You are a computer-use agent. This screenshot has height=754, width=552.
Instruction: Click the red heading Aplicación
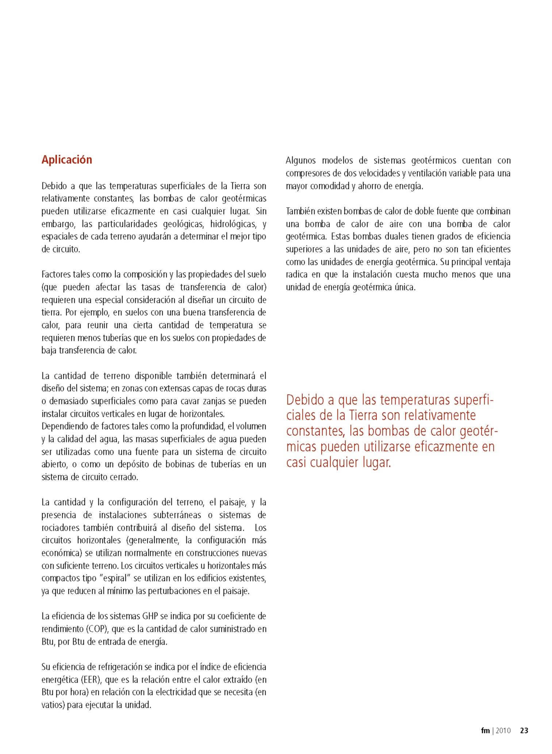(x=67, y=160)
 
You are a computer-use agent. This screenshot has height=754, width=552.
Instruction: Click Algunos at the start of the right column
(x=300, y=161)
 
